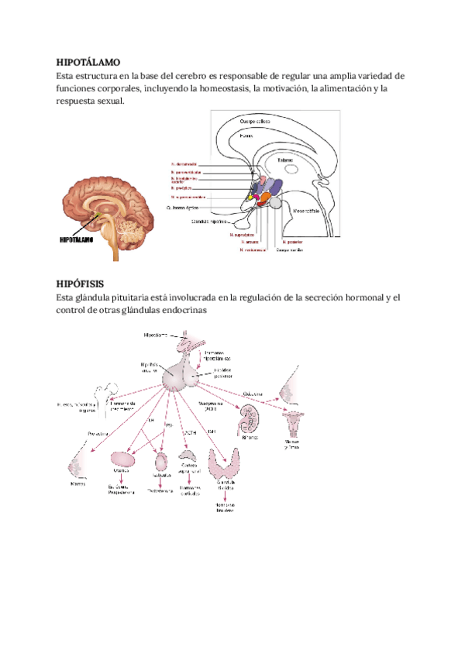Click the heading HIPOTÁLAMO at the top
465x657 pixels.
pos(88,61)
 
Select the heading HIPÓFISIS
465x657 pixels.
pos(80,284)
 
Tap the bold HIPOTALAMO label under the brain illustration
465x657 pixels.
pos(83,240)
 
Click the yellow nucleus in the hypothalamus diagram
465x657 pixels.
pos(251,198)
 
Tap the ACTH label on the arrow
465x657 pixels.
pos(187,432)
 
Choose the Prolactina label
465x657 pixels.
pos(98,432)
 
